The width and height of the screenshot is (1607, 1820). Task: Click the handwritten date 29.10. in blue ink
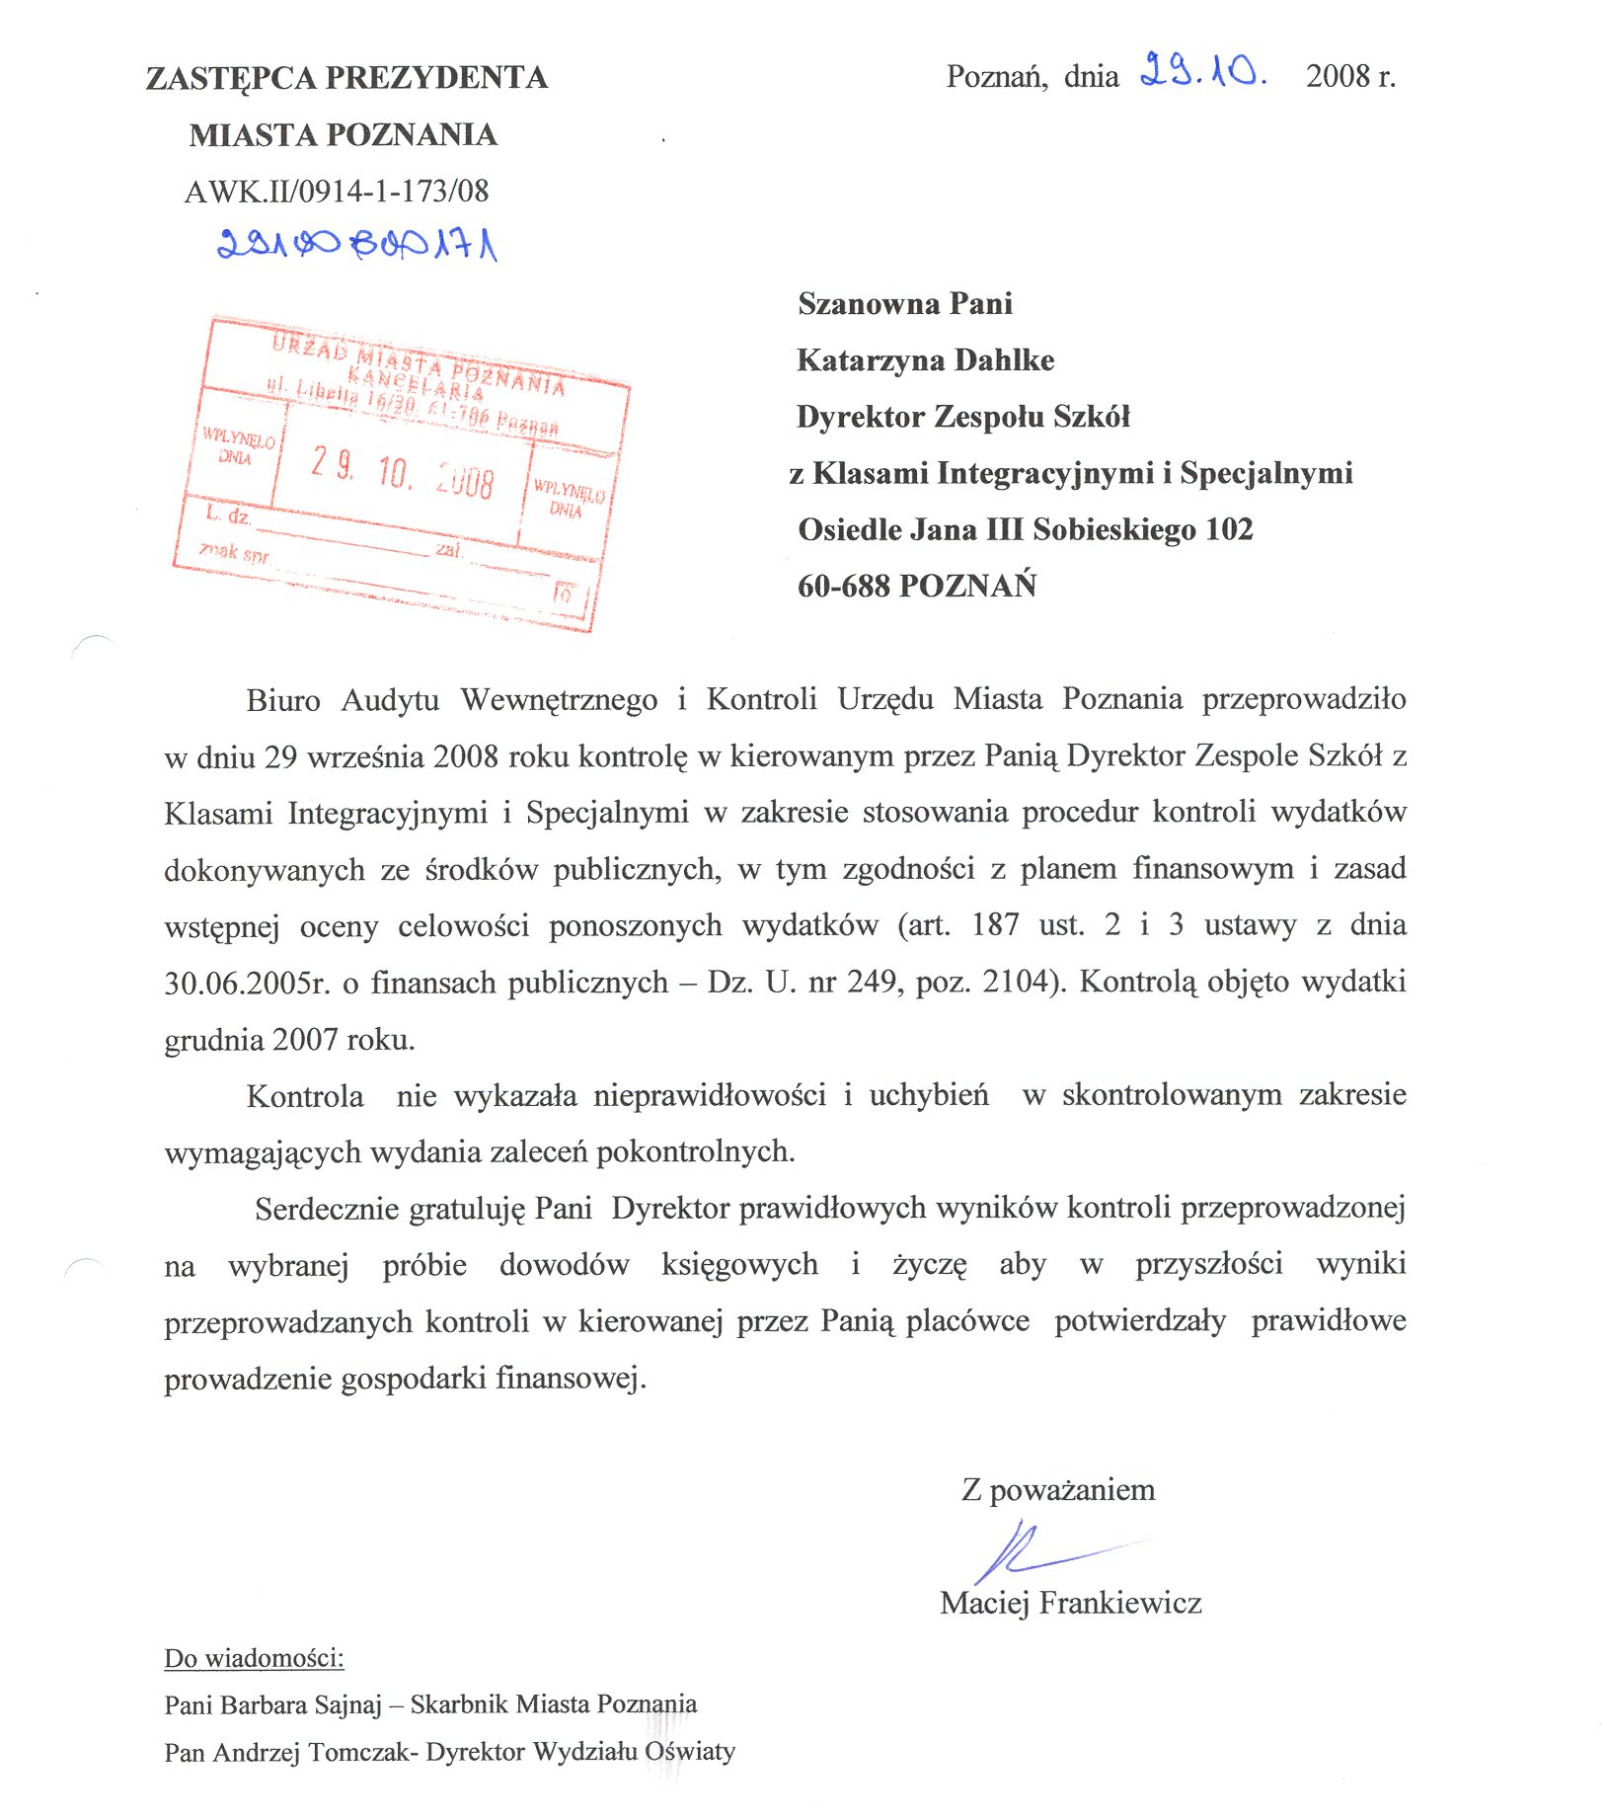1201,72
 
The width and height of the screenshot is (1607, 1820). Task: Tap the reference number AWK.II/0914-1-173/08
337,191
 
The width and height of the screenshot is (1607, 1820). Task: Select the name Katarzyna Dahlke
925,360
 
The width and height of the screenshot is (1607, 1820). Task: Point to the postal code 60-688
843,587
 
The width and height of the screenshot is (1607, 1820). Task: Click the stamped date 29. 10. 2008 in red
402,472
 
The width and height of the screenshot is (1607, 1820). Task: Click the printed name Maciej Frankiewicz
1070,1602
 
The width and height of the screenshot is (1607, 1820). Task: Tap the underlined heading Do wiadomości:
254,1658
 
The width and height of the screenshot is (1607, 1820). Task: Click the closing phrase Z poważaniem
1057,1490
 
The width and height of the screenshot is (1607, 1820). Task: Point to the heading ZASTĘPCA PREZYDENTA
346,78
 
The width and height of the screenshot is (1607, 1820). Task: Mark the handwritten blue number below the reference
356,243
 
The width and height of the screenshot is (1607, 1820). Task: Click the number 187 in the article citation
994,925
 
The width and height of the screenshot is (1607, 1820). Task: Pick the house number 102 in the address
1229,530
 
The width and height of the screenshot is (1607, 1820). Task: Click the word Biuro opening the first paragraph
283,700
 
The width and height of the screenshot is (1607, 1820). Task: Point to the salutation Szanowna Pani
904,304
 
